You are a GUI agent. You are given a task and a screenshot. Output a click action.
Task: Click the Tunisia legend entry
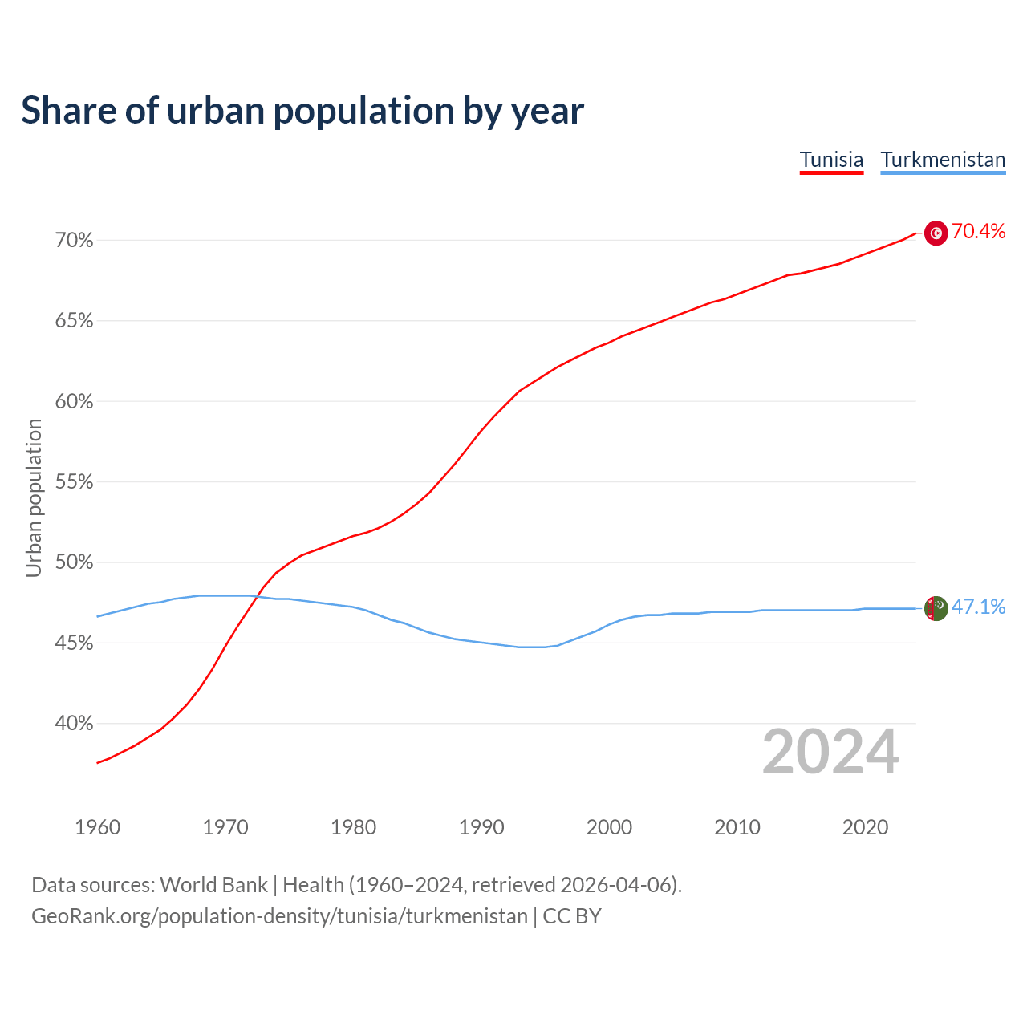coord(831,160)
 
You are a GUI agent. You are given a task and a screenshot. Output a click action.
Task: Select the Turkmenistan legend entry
coord(943,160)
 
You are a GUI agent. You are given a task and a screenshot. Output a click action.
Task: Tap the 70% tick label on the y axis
coord(74,241)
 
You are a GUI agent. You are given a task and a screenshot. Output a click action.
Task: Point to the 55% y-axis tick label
coord(74,482)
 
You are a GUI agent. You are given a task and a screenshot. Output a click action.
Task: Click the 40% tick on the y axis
coord(74,724)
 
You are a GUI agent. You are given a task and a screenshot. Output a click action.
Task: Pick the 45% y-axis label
coord(74,643)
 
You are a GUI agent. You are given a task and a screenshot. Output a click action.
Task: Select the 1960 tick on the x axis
coord(97,827)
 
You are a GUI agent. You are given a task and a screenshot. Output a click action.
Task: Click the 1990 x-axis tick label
coord(481,827)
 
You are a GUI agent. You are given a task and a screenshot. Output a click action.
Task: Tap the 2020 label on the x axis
coord(865,827)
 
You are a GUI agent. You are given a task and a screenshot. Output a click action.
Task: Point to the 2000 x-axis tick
coord(609,827)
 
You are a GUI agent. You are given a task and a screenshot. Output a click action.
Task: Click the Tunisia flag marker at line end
coord(936,233)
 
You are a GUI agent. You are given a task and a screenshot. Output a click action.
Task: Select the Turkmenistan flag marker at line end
coord(936,608)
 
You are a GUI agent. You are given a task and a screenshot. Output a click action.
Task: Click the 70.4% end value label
coord(978,232)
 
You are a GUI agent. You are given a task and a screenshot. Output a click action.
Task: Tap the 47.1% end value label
coord(978,607)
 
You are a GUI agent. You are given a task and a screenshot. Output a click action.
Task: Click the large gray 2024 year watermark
coord(830,752)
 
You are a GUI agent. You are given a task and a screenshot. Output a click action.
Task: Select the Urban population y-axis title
coord(34,497)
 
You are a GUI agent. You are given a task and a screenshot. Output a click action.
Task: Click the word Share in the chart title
coord(67,111)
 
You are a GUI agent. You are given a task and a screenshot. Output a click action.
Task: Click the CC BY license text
coord(572,916)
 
